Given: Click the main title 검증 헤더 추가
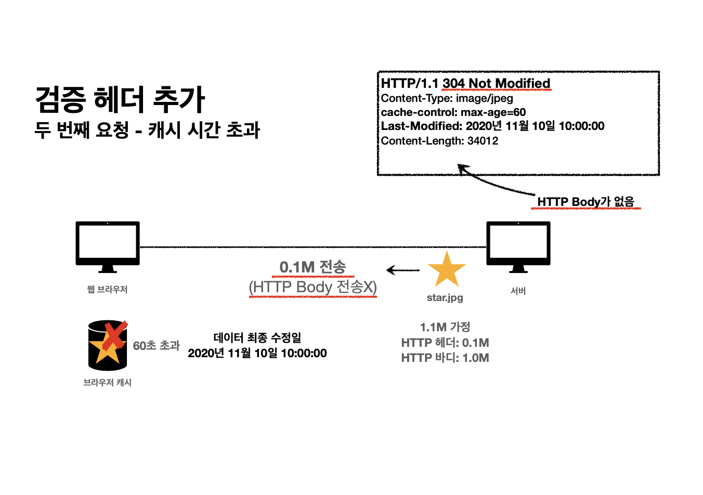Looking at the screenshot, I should click(120, 100).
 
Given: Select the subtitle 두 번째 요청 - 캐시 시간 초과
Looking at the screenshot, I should click(147, 130).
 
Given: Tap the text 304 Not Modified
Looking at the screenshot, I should click(496, 83).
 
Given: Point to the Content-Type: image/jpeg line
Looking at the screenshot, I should click(447, 98).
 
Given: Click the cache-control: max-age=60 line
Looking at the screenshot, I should click(453, 112).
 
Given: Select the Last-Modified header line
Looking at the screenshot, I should click(492, 126).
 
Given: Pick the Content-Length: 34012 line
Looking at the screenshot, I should click(439, 141).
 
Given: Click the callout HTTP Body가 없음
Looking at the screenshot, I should click(585, 202).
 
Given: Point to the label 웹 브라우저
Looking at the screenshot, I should click(107, 290).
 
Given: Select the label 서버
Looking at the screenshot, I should click(518, 291).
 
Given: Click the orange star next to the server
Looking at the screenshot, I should click(447, 270).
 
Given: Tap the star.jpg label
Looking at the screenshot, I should click(445, 298).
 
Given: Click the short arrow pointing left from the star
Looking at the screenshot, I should click(403, 270).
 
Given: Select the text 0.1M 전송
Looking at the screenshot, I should click(313, 267).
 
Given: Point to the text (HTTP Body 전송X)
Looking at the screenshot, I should click(313, 287).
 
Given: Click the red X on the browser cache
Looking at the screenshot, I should click(115, 335).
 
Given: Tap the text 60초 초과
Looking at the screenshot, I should click(156, 346).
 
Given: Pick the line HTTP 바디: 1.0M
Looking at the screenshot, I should click(445, 358).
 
